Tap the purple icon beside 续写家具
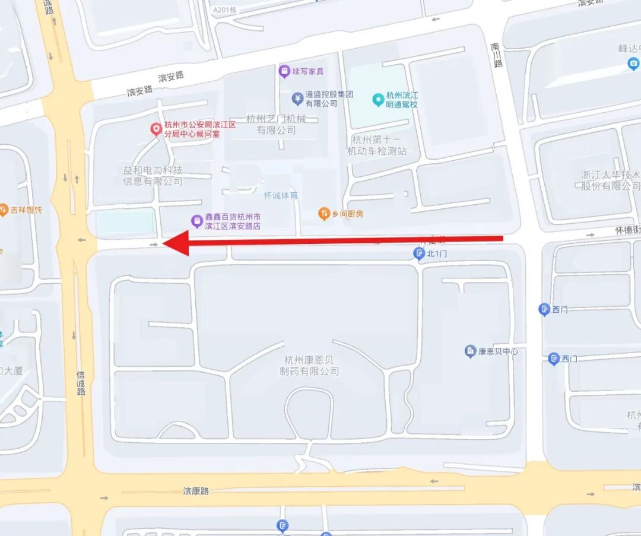pos(284,71)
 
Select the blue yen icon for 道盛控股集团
pos(297,98)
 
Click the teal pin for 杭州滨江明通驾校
pos(377,99)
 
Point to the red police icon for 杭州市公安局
pos(156,128)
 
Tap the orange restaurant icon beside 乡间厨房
pos(323,214)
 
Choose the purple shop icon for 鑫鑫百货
pos(196,221)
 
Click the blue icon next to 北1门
pos(418,253)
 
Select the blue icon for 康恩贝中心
pos(470,351)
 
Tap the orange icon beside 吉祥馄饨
pos(3,210)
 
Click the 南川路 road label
pos(497,55)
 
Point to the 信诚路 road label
pos(81,383)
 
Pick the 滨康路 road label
pos(196,491)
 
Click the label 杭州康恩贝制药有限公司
pos(309,365)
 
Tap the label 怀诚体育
pos(281,195)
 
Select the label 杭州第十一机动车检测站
pos(377,145)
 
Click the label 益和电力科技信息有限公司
pos(153,176)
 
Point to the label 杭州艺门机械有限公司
pos(276,124)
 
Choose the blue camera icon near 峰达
pos(633,64)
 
